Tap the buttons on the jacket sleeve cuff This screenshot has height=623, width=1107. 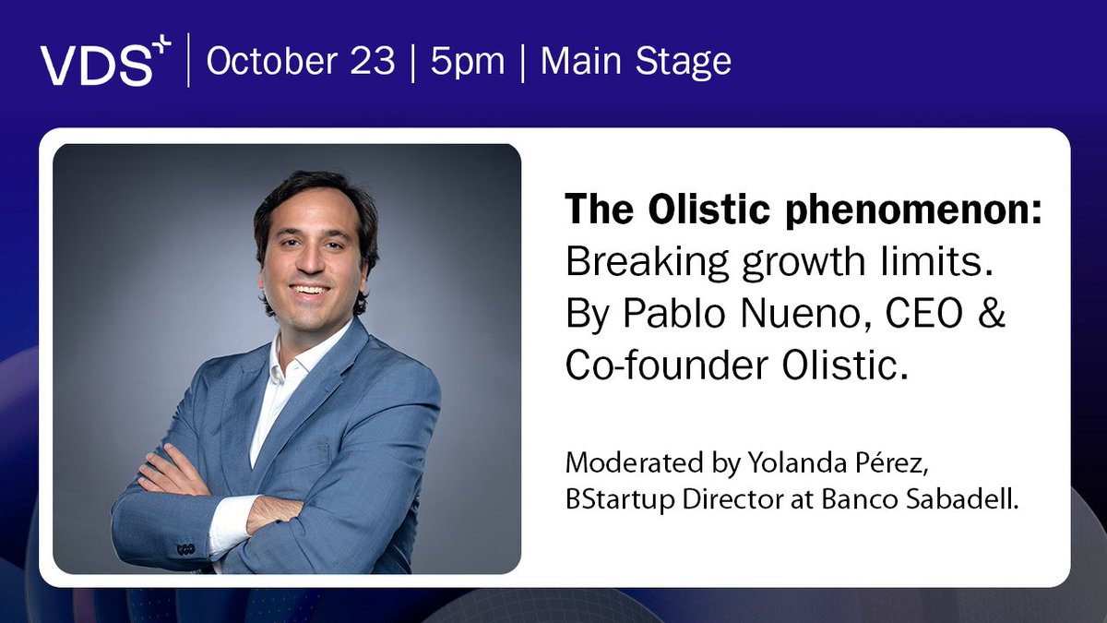[x=184, y=547]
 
